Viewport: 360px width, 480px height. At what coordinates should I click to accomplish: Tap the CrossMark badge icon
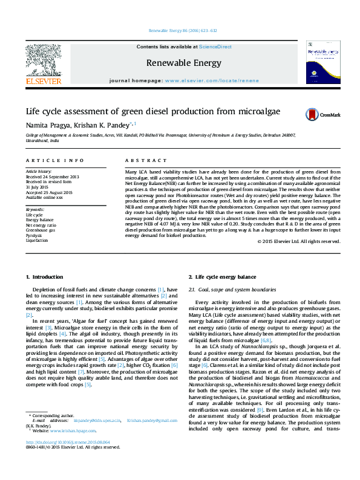pos(315,114)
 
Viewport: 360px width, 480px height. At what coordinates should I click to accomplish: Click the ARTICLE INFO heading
pos(54,160)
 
